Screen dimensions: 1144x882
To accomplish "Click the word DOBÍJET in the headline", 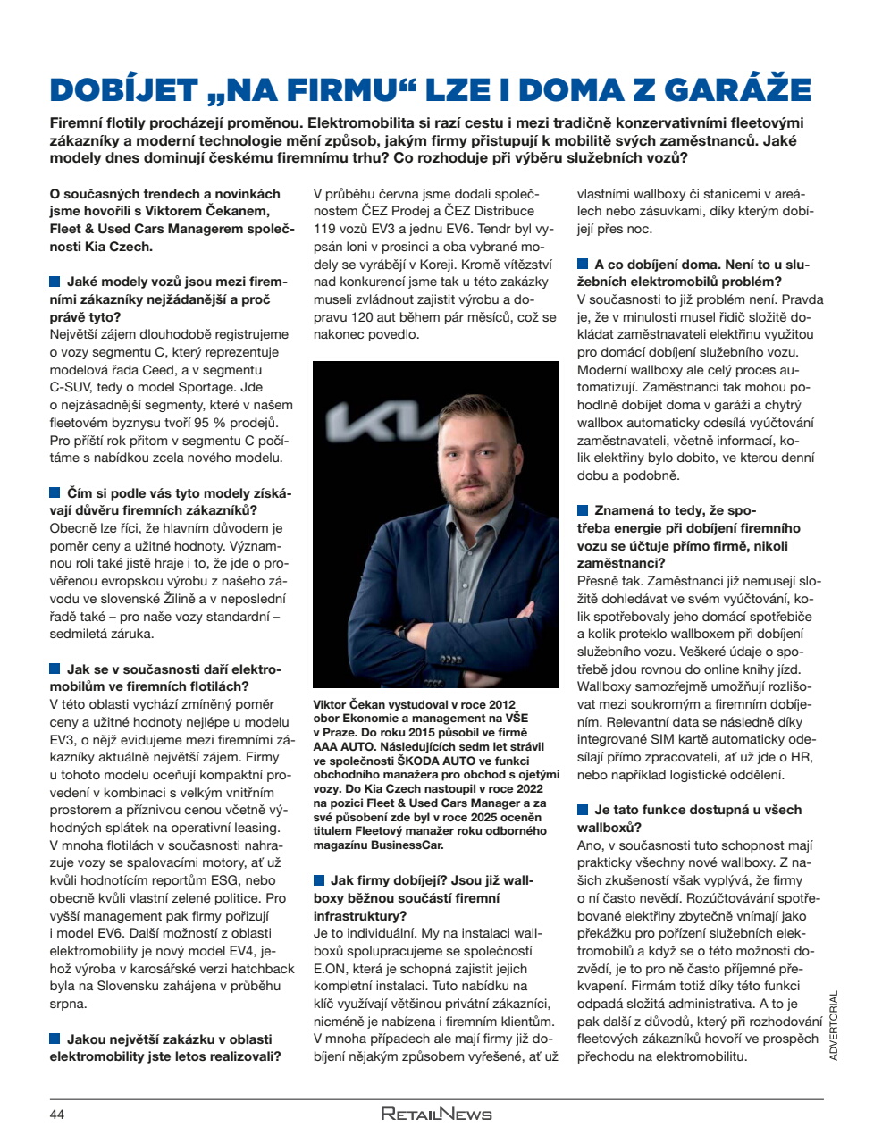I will tap(123, 90).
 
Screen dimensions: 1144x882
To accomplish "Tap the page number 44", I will tap(57, 1114).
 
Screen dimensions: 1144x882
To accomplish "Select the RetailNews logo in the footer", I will tap(436, 1114).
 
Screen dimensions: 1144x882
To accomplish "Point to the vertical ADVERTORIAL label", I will tap(834, 1024).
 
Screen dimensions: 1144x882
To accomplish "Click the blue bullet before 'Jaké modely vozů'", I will tap(55, 282).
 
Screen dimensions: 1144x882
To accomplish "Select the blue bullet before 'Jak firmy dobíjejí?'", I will tap(319, 880).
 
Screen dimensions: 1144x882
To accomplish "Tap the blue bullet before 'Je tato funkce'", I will tap(583, 810).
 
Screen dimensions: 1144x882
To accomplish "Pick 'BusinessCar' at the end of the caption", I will tap(406, 845).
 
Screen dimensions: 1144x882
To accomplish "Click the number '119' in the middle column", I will tap(325, 229).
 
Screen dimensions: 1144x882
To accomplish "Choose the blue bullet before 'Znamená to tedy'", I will tap(583, 510).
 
